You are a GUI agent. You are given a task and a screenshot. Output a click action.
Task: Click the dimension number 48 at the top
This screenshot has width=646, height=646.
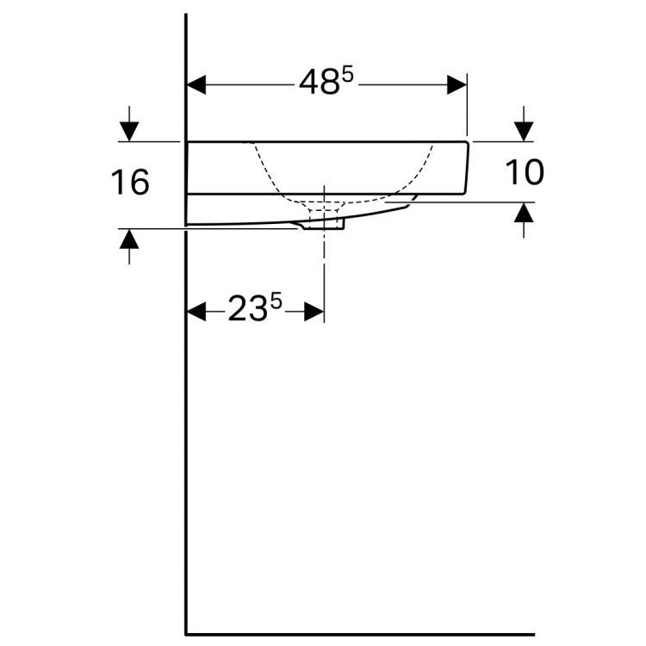pyautogui.click(x=319, y=83)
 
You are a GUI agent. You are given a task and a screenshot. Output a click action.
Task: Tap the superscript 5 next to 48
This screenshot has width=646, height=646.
pyautogui.click(x=348, y=76)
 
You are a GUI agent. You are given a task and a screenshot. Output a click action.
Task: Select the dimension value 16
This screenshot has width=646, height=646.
pyautogui.click(x=130, y=182)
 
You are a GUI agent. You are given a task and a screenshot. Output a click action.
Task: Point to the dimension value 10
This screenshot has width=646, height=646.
pyautogui.click(x=525, y=172)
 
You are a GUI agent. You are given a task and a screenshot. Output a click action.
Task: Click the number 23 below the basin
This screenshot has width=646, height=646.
pyautogui.click(x=247, y=309)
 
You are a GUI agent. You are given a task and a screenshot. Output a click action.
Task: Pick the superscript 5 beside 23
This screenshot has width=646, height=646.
pyautogui.click(x=276, y=301)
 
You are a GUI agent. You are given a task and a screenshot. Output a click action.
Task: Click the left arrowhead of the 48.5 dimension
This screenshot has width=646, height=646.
pyautogui.click(x=196, y=85)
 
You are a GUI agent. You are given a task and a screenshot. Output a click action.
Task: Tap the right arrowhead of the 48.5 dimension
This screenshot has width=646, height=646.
pyautogui.click(x=457, y=85)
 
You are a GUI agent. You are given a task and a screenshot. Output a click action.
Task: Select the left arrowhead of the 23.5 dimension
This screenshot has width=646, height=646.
pyautogui.click(x=196, y=312)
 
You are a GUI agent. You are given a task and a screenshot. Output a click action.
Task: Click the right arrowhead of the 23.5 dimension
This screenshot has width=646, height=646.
pyautogui.click(x=314, y=312)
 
